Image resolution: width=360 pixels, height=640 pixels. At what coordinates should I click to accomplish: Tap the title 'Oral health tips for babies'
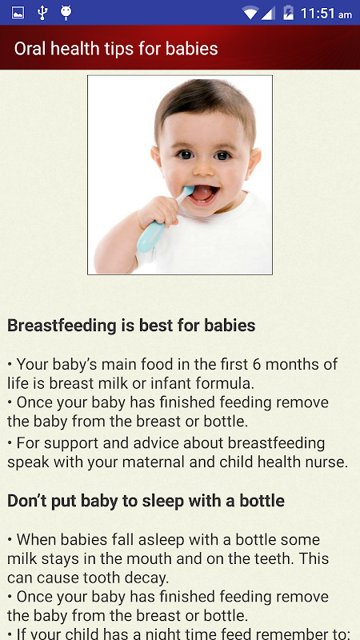pyautogui.click(x=116, y=49)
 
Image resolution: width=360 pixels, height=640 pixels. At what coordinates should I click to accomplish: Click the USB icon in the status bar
pyautogui.click(x=42, y=13)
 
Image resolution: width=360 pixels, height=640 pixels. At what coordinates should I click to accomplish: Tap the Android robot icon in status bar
pyautogui.click(x=66, y=13)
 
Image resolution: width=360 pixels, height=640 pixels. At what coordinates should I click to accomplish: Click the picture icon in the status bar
pyautogui.click(x=18, y=13)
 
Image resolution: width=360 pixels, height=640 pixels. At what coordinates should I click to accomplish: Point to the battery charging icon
pyautogui.click(x=288, y=13)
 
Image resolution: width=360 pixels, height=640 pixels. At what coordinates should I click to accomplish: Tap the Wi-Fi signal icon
pyautogui.click(x=250, y=14)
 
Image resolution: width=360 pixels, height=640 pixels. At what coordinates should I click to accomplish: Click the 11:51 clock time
pyautogui.click(x=318, y=14)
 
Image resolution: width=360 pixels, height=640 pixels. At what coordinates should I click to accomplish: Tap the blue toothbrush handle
pyautogui.click(x=150, y=236)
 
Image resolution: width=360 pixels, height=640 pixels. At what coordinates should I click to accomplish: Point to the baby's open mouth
pyautogui.click(x=204, y=194)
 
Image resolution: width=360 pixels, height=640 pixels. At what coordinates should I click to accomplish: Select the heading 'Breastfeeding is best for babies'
pyautogui.click(x=131, y=326)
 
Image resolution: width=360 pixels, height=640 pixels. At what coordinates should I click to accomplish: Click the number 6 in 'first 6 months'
pyautogui.click(x=256, y=364)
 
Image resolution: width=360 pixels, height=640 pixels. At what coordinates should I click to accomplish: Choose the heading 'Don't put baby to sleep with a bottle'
pyautogui.click(x=146, y=502)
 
